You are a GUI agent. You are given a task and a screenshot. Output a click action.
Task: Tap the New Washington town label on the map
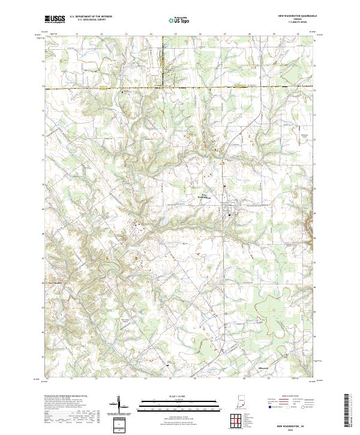(x=206, y=197)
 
